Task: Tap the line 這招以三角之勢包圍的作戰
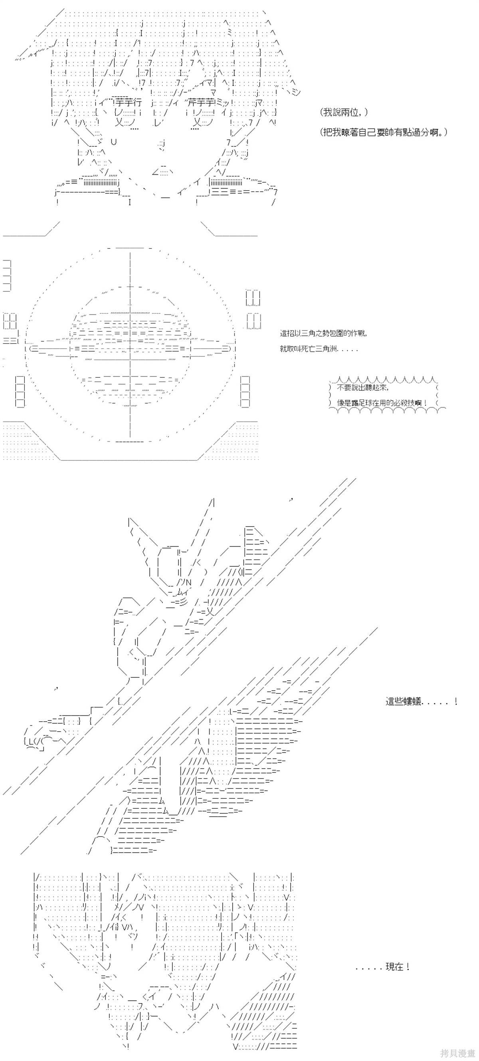pyautogui.click(x=323, y=333)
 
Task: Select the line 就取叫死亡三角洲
pyautogui.click(x=319, y=349)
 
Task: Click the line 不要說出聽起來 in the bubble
pyautogui.click(x=362, y=388)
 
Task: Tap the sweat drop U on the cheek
pyautogui.click(x=114, y=142)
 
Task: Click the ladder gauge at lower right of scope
pyautogui.click(x=245, y=391)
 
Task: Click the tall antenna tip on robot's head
pyautogui.click(x=212, y=502)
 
